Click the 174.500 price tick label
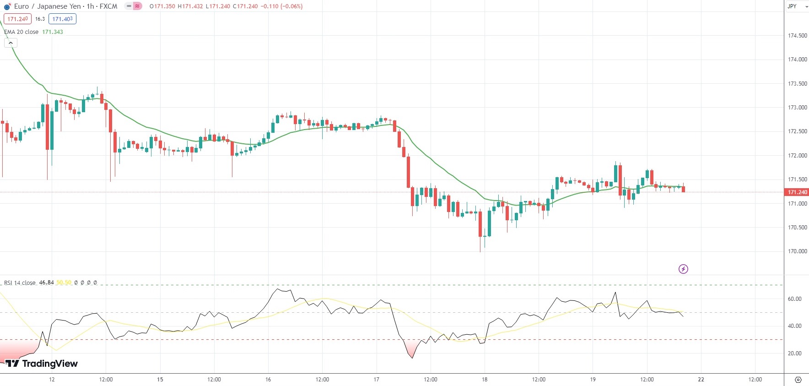[x=797, y=36]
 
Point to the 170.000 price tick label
[x=797, y=251]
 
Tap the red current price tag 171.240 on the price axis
[x=797, y=192]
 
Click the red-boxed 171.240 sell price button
[x=17, y=19]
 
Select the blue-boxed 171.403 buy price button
[x=62, y=19]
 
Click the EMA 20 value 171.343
[x=53, y=32]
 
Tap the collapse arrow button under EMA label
[x=11, y=43]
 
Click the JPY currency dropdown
[x=797, y=6]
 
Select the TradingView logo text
[x=42, y=364]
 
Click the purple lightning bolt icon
[x=683, y=269]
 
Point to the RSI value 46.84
[x=46, y=283]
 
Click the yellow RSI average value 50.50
[x=64, y=283]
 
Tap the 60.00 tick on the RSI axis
[x=794, y=299]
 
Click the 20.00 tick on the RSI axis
[x=794, y=353]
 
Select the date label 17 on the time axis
[x=376, y=380]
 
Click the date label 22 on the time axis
[x=701, y=380]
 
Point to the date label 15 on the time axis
[x=160, y=380]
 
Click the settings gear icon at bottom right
[x=798, y=380]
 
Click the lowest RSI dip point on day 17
[x=412, y=358]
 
